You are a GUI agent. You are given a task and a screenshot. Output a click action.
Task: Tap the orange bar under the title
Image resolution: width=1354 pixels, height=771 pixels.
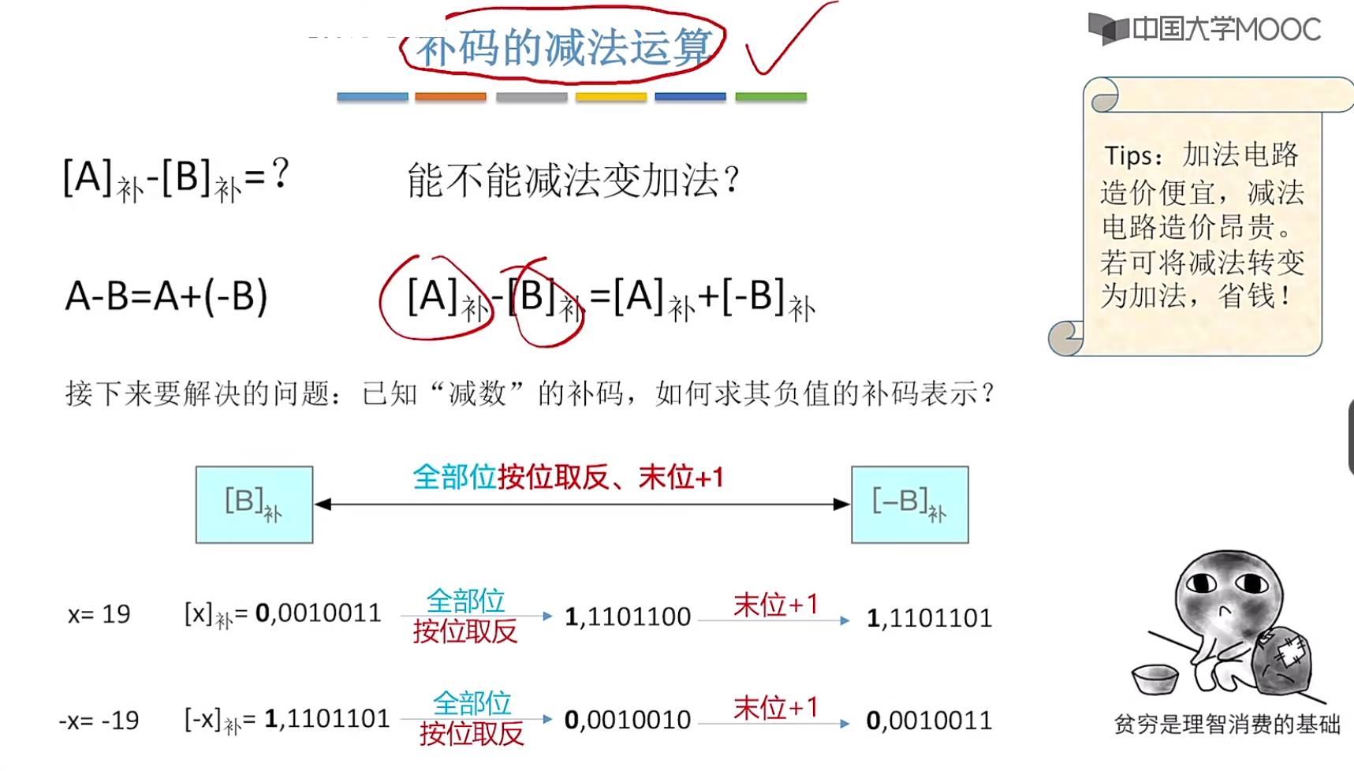pos(450,97)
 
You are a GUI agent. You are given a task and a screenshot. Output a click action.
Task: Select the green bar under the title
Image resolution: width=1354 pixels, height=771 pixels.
pos(770,97)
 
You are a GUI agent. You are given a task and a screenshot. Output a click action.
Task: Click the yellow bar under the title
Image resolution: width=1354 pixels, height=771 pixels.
pos(611,97)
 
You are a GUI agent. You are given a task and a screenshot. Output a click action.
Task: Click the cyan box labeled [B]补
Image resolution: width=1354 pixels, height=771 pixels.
pos(254,505)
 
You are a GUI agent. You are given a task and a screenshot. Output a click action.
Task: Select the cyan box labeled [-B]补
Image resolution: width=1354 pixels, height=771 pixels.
pos(909,505)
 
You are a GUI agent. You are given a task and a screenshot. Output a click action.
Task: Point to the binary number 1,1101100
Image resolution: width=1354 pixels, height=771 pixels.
pos(628,616)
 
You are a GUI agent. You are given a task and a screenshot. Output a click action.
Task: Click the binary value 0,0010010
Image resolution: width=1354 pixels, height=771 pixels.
pos(628,720)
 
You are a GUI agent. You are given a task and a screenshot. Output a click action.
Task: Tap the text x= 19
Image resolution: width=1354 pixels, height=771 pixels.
pos(99,614)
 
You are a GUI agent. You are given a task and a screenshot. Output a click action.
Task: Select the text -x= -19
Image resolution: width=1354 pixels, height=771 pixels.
pos(99,721)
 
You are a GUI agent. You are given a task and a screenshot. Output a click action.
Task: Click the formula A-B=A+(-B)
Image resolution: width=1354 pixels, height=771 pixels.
pos(166,296)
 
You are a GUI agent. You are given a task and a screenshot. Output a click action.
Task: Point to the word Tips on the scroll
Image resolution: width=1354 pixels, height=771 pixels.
pos(1128,156)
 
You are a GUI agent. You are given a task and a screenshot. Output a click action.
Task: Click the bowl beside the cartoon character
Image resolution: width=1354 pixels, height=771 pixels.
pos(1154,679)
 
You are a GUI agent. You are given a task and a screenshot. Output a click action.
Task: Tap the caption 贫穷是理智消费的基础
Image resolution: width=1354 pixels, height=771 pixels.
pos(1226,724)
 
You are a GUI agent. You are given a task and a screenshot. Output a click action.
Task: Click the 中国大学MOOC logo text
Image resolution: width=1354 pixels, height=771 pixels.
pos(1225,30)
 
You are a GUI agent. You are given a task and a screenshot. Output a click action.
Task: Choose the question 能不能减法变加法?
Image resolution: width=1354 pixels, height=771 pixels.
pos(573,181)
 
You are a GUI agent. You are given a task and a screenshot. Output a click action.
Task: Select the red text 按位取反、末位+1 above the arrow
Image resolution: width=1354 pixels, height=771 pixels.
pos(610,478)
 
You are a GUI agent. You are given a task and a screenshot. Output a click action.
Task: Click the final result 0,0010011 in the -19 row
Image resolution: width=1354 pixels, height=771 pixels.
pos(929,721)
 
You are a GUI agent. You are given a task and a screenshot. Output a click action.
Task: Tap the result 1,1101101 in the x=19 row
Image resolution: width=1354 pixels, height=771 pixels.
pos(929,618)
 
